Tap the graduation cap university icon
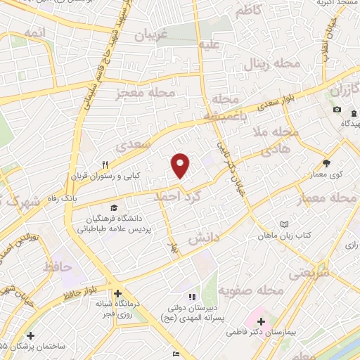[x=113, y=208]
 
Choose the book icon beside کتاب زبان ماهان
[x=284, y=224]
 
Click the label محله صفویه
[x=250, y=290]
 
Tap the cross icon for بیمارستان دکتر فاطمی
[x=261, y=321]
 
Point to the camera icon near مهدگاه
[x=337, y=110]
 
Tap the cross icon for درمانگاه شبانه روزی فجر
[x=117, y=293]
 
